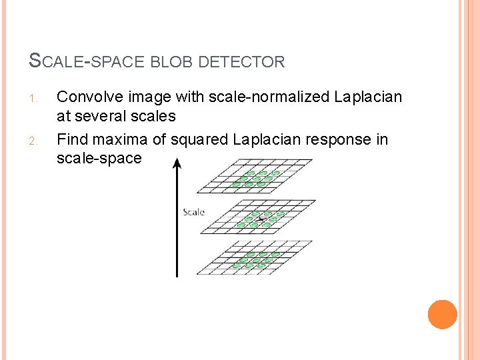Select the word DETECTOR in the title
point(242,62)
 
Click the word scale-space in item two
point(99,159)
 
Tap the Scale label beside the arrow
point(193,212)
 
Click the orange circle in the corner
point(443,315)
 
